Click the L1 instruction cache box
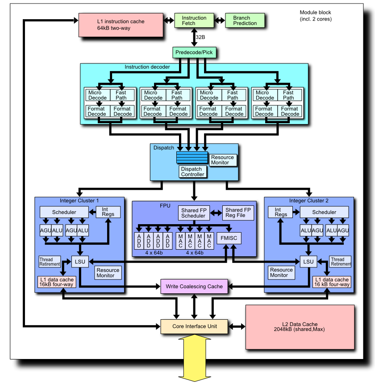(x=121, y=25)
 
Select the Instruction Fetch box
(x=194, y=21)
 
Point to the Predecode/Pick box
(x=194, y=53)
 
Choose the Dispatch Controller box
(x=193, y=171)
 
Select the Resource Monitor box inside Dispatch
(x=222, y=160)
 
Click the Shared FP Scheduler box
(x=193, y=213)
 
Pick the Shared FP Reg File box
(x=240, y=213)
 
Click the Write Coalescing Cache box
(x=194, y=286)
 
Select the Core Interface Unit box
(x=195, y=326)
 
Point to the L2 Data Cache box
(x=300, y=327)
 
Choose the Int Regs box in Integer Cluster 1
(x=108, y=212)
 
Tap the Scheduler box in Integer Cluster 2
(x=324, y=212)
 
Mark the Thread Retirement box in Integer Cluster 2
(x=340, y=262)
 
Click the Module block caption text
(x=315, y=16)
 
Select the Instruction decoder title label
(x=147, y=67)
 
